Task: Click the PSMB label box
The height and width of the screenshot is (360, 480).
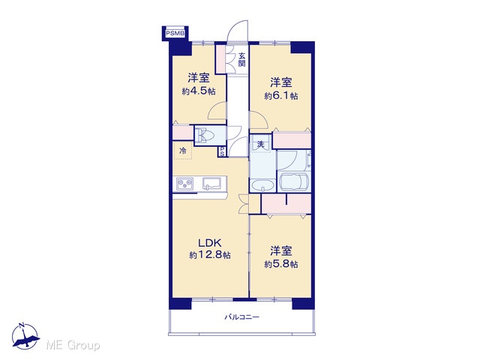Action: (x=175, y=33)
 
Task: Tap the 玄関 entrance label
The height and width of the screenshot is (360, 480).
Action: (x=241, y=60)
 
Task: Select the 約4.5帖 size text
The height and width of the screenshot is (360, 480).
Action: (x=199, y=91)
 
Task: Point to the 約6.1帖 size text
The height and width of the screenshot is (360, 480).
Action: (x=281, y=96)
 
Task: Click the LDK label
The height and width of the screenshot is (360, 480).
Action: (x=210, y=243)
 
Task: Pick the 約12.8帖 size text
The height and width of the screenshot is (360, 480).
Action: (x=210, y=255)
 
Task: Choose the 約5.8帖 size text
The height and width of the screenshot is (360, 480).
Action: (x=281, y=264)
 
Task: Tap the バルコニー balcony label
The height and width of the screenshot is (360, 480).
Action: (x=241, y=317)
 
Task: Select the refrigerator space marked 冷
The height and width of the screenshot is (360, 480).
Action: (x=183, y=151)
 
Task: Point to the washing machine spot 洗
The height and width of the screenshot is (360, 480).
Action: (x=260, y=144)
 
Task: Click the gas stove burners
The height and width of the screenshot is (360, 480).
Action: (x=185, y=184)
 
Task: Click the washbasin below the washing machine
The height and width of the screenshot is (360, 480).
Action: (x=262, y=185)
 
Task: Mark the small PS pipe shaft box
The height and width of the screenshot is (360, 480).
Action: (x=222, y=151)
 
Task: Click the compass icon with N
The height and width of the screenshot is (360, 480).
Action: (x=25, y=336)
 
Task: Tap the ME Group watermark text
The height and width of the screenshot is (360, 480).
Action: (x=73, y=345)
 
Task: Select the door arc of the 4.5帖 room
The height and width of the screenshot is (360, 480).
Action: (x=216, y=111)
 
